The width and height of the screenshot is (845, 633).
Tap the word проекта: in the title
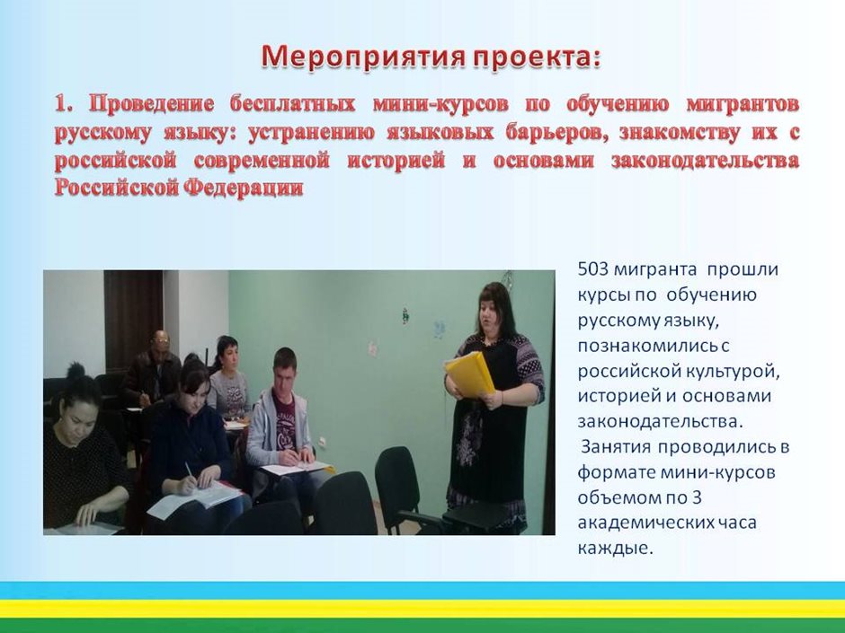click(537, 57)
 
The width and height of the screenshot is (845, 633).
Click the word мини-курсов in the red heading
click(440, 103)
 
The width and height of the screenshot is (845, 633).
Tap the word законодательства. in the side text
click(660, 421)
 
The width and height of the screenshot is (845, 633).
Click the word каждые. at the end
click(615, 548)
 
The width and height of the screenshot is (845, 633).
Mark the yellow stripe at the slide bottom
click(422, 608)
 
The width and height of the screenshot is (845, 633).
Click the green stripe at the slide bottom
click(422, 626)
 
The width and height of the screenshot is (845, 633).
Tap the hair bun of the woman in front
click(76, 370)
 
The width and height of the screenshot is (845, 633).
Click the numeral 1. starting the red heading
click(66, 103)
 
